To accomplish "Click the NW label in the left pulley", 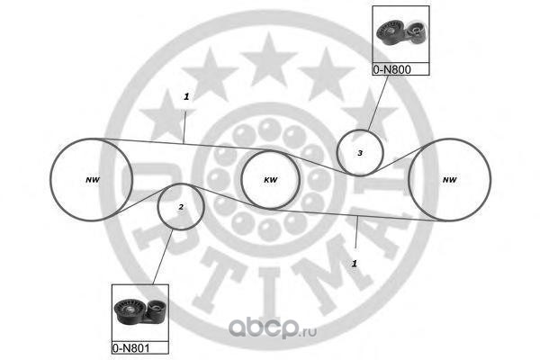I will click(x=92, y=179).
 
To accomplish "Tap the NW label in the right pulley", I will click(x=449, y=179).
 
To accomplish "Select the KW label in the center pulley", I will click(x=270, y=179).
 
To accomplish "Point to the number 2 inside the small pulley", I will click(x=181, y=207).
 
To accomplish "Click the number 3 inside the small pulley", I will click(x=359, y=153).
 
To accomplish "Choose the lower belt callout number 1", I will click(x=355, y=264).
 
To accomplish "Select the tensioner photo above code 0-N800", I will click(x=400, y=35).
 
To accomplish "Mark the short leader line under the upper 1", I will click(x=184, y=122).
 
